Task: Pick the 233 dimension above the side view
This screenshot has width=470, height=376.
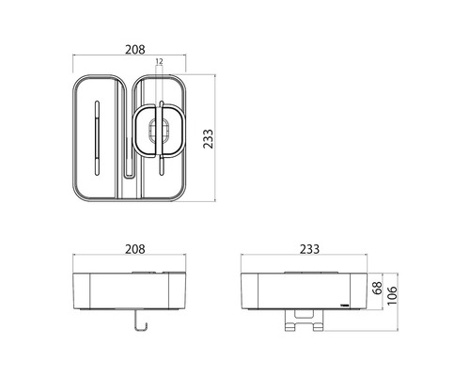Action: point(305,249)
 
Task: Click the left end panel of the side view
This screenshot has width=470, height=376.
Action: point(248,291)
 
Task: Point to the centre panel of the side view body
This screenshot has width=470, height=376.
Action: point(305,291)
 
